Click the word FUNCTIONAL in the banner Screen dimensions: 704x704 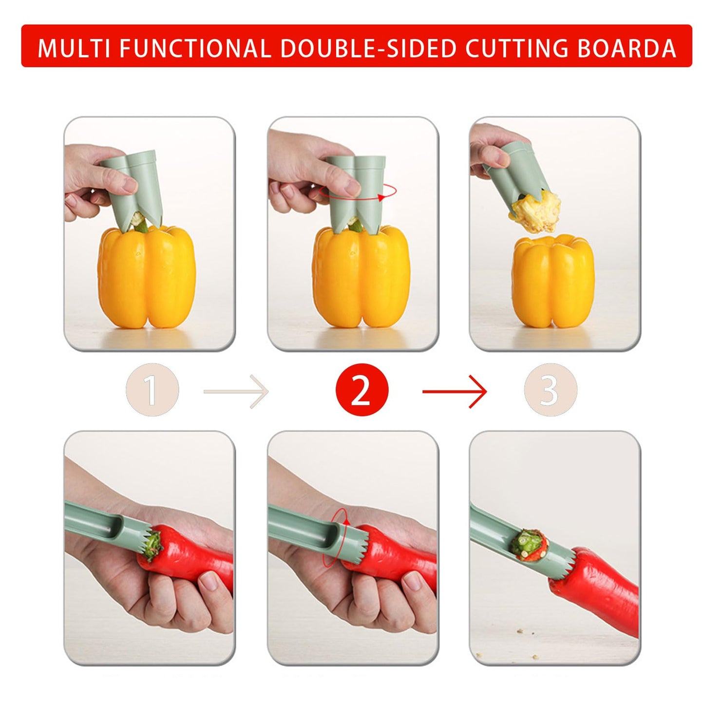(194, 48)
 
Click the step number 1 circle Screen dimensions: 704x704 (152, 390)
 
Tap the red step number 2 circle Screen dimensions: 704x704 (362, 390)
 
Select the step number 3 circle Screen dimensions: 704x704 (550, 390)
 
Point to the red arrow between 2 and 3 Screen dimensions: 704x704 (454, 391)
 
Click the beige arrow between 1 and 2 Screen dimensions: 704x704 (236, 391)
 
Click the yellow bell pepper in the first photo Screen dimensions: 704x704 (146, 278)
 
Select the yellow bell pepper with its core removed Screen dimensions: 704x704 (553, 283)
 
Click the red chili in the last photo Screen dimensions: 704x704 (599, 590)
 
